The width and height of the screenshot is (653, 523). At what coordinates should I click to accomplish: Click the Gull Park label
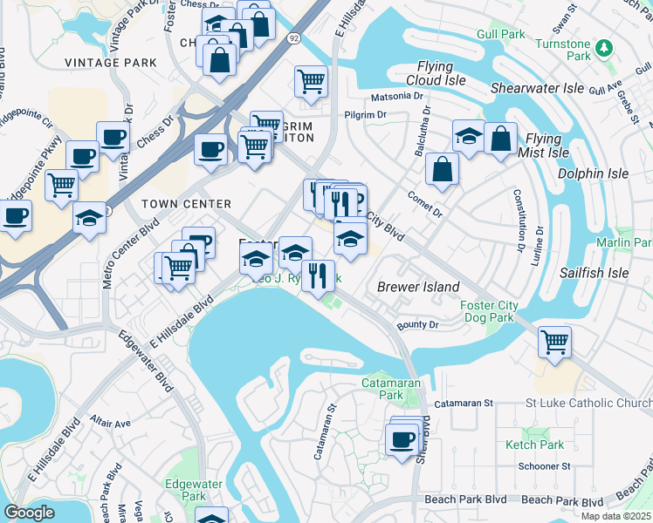pyautogui.click(x=501, y=34)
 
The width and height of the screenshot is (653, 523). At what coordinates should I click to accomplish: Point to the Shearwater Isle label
pyautogui.click(x=537, y=88)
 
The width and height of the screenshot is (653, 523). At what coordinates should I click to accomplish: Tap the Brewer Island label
pyautogui.click(x=417, y=287)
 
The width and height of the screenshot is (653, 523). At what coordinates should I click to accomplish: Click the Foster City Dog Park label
pyautogui.click(x=488, y=311)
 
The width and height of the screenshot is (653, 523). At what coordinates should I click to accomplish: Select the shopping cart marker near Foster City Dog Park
pyautogui.click(x=554, y=339)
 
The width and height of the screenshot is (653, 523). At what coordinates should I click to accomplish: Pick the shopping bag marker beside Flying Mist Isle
pyautogui.click(x=500, y=139)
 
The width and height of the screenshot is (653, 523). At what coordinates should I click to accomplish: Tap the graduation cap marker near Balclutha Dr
pyautogui.click(x=469, y=136)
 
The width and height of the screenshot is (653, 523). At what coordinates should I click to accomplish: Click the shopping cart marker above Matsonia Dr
pyautogui.click(x=311, y=82)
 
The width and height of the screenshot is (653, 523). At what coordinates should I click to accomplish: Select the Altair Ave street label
pyautogui.click(x=110, y=423)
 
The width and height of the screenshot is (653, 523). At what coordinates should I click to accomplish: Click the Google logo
pyautogui.click(x=30, y=513)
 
